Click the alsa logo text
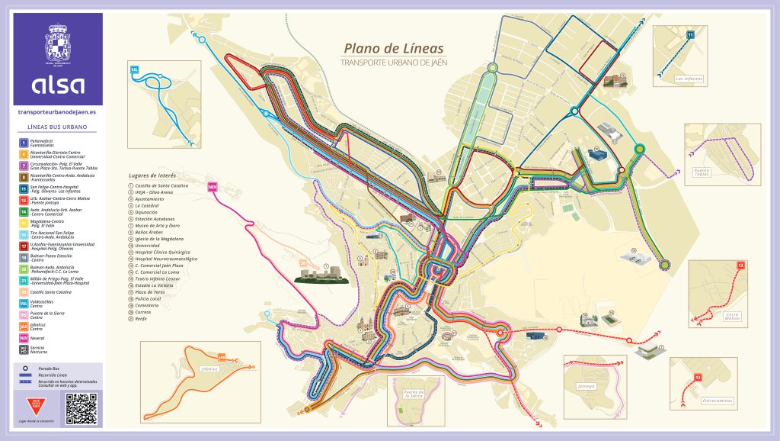click(58, 84)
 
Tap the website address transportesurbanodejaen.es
click(58, 111)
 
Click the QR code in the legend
click(82, 408)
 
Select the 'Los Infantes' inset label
click(690, 78)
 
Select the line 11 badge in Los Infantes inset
click(690, 35)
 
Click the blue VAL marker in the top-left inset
click(135, 69)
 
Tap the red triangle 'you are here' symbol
click(35, 403)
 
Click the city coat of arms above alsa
click(58, 43)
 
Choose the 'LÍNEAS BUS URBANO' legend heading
click(57, 126)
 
